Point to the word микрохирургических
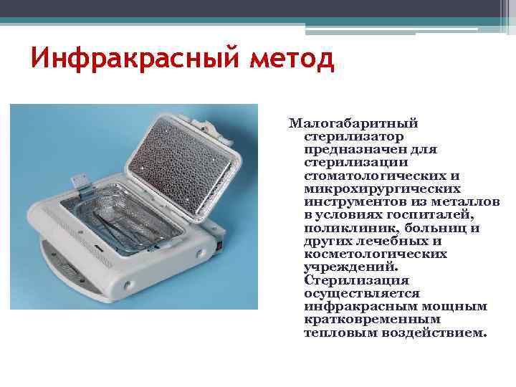click(382, 188)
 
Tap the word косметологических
click(376, 254)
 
